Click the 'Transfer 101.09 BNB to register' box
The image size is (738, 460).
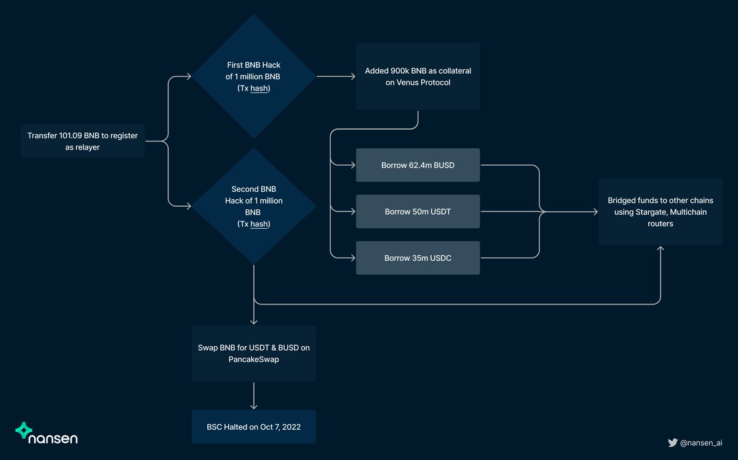82,141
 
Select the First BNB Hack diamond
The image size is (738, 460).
254,76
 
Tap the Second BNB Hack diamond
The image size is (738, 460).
254,207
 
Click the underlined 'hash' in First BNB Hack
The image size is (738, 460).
260,89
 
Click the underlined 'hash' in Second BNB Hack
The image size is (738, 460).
260,224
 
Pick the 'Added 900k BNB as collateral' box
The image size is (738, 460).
418,76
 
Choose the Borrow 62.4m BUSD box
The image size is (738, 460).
418,165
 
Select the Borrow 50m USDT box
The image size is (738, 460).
418,212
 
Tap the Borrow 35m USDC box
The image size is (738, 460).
418,258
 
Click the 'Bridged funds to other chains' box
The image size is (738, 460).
661,212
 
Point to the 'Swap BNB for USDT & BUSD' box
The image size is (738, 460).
254,353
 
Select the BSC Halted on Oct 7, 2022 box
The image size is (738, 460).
254,427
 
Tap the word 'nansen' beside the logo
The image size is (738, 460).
54,438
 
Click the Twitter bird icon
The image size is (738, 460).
673,442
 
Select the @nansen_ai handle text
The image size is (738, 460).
701,442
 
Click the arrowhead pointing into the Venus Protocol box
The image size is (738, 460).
353,76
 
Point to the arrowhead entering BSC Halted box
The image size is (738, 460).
254,406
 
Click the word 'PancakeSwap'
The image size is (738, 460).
254,359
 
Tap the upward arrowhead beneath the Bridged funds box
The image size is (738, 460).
661,248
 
